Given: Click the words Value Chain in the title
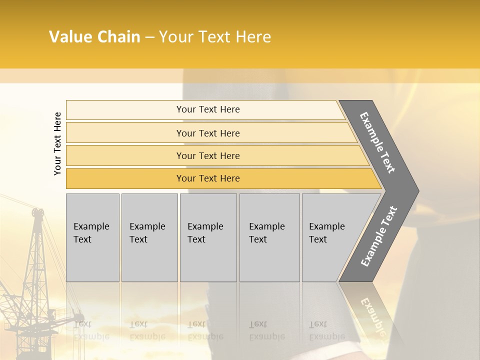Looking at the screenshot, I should tap(94, 37).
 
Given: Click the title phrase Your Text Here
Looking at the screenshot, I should tap(215, 37).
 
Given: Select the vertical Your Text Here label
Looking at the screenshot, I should tap(57, 143).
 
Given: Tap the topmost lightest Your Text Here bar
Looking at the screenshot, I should tap(208, 109).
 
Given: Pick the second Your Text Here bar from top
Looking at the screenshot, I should tap(208, 133).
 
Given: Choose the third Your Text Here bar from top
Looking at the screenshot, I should tap(208, 155).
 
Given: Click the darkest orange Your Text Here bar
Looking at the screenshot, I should tap(208, 178).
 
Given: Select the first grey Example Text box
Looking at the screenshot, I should tap(92, 237).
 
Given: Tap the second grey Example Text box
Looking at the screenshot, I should tap(149, 237).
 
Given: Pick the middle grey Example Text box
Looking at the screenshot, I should tap(207, 237).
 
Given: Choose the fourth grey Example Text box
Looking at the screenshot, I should tap(269, 237).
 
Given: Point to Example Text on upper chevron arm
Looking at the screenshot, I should tap(377, 142).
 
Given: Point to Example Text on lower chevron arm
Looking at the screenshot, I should tap(378, 236).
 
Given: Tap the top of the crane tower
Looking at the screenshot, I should tap(37, 212).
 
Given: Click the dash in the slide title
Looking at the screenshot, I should tap(149, 37).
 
